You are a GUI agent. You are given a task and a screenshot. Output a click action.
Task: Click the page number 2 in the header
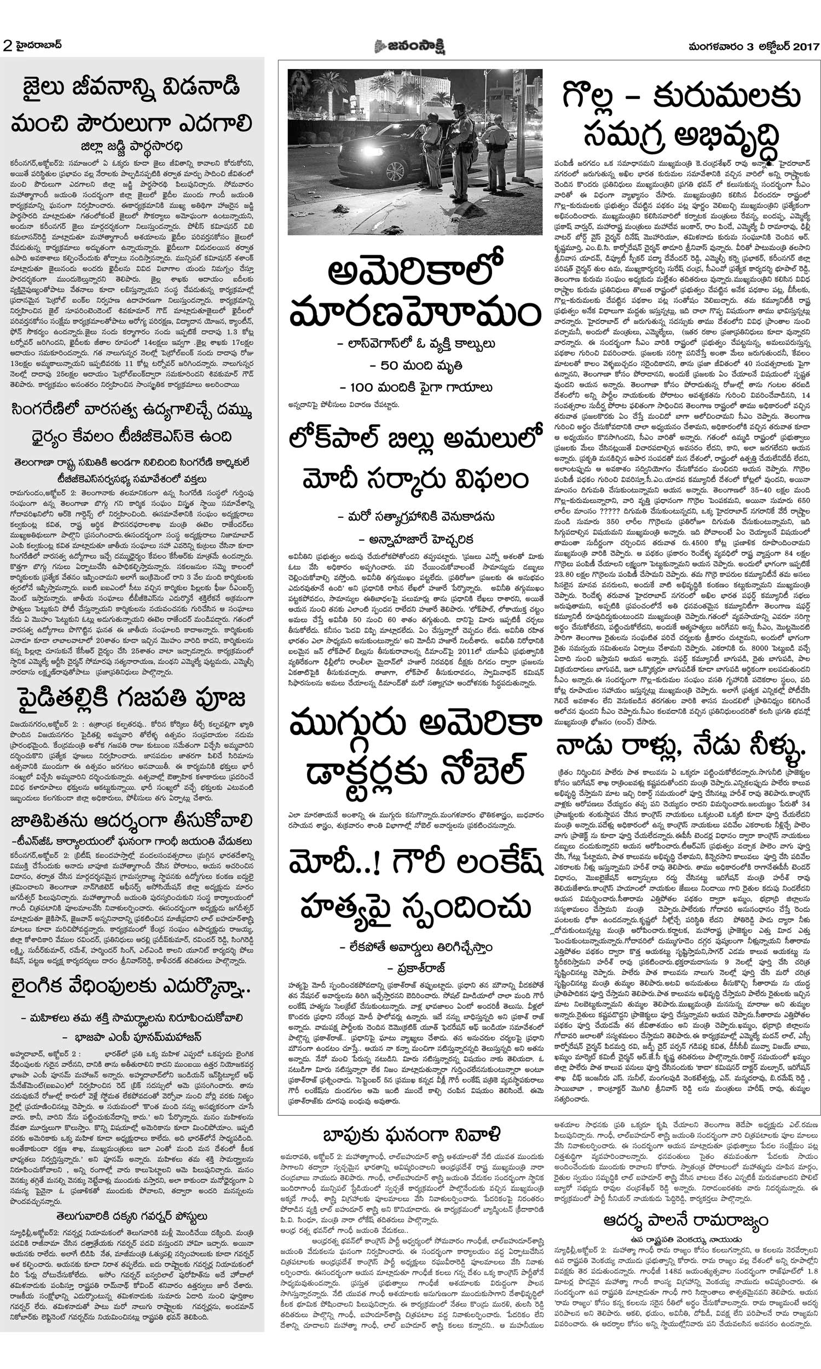pyautogui.click(x=8, y=45)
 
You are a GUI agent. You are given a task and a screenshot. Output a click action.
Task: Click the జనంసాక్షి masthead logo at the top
pyautogui.click(x=410, y=47)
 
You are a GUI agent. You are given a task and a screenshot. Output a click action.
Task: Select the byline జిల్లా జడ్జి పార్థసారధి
pyautogui.click(x=132, y=146)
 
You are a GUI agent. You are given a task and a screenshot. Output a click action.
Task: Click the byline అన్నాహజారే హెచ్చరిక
pyautogui.click(x=415, y=539)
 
